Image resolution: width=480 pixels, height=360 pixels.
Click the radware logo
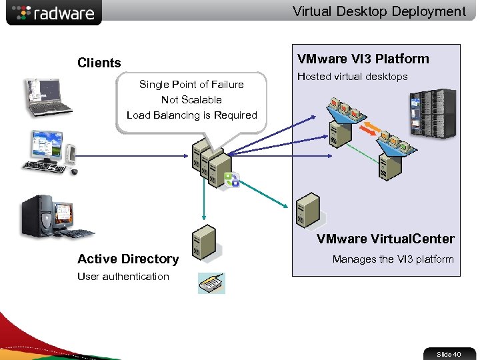coord(53,13)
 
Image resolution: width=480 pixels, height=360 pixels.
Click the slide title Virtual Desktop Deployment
coord(379,11)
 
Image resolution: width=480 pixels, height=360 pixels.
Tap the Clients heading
coord(99,63)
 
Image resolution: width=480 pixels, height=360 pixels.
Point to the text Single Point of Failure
coord(191,84)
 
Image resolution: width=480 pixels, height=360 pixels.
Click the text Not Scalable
coord(191,99)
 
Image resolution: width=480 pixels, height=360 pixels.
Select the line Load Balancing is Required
coord(191,115)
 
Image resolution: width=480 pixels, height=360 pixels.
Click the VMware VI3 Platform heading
coord(363,59)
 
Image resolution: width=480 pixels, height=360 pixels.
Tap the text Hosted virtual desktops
coord(352,76)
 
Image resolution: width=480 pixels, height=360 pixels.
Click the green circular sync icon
coord(231,179)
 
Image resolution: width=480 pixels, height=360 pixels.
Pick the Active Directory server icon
coord(203,242)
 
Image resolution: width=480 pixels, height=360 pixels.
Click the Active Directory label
coord(128,259)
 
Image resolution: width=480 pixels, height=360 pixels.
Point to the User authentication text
coord(123,276)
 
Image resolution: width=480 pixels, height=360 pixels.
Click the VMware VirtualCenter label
coord(385,239)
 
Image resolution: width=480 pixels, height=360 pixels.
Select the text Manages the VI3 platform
coord(393,259)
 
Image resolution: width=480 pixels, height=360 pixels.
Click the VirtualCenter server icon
coord(308,210)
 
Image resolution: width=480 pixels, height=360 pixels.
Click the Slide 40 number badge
coord(449,354)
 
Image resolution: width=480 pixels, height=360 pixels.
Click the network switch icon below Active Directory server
coord(212,283)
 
